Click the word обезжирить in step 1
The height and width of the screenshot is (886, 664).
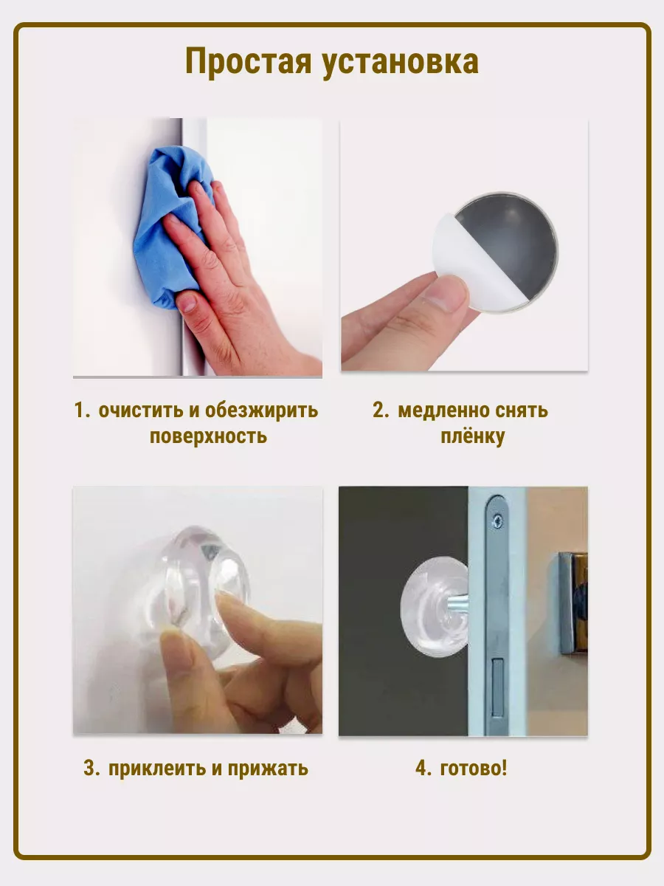pos(262,411)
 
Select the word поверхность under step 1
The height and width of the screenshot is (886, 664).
pos(209,436)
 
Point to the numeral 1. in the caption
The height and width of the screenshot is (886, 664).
pos(82,411)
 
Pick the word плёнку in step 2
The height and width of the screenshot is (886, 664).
pos(472,437)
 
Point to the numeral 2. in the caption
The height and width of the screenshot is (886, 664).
pos(381,411)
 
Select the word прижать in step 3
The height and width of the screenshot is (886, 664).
pos(268,769)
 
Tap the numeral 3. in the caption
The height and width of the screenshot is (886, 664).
pos(91,769)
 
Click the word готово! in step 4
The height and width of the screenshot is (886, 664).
pos(474,769)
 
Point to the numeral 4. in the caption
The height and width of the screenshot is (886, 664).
pos(423,769)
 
